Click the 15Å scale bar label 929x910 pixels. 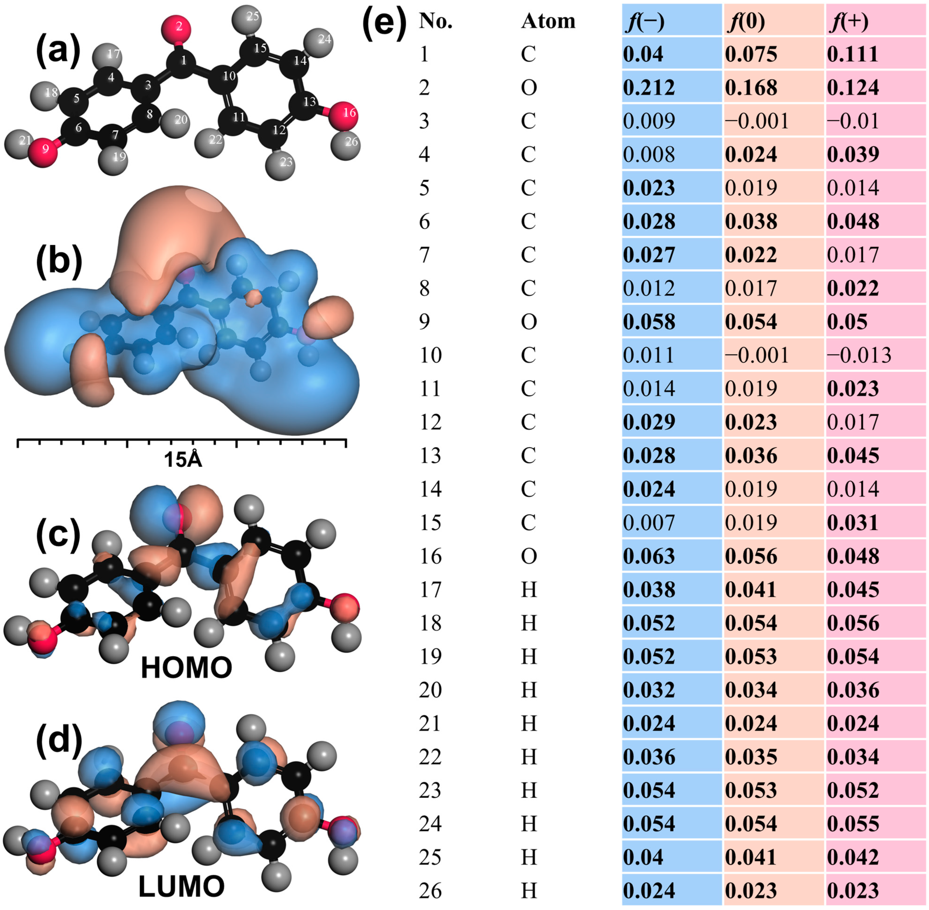[183, 460]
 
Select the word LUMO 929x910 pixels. [182, 886]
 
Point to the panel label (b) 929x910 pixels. [59, 262]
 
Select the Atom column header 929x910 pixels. [548, 22]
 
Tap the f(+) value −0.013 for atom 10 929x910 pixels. [859, 355]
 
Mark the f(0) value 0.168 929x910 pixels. [751, 87]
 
